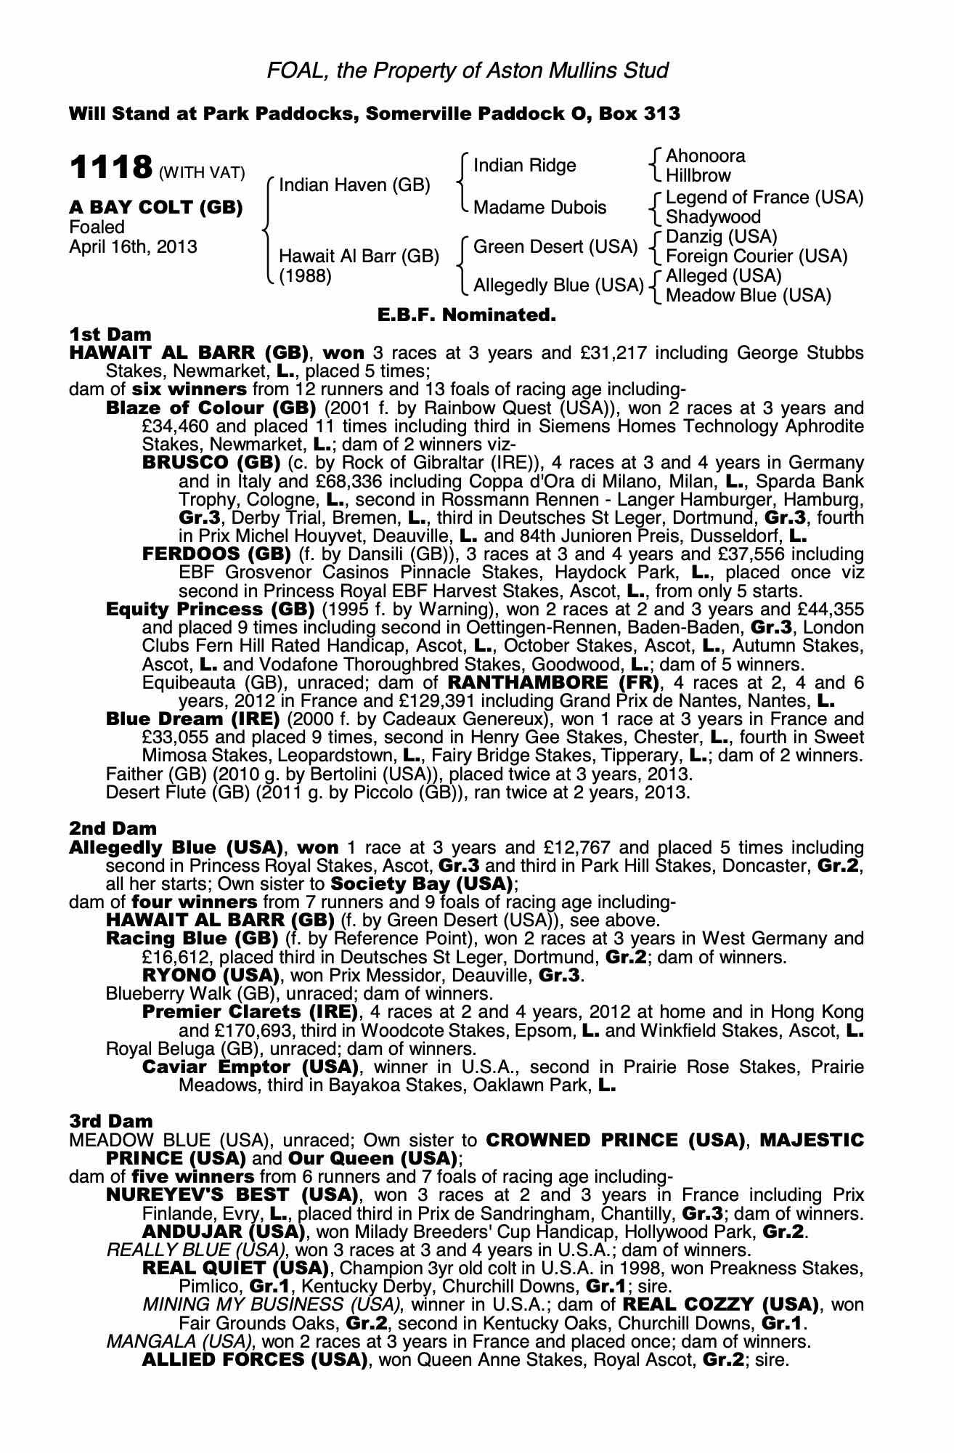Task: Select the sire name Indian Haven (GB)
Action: pos(354,185)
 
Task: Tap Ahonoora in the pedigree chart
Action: pos(705,156)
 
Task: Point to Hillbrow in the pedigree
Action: pos(698,175)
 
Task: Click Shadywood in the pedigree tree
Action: pos(713,216)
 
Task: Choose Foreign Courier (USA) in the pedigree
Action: pos(757,256)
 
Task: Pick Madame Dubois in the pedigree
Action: pos(539,208)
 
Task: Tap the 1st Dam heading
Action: pos(110,334)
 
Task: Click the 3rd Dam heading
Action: pos(110,1121)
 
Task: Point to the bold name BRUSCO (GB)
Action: pos(211,463)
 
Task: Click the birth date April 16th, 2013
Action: pos(133,246)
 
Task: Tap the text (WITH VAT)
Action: pos(202,173)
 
